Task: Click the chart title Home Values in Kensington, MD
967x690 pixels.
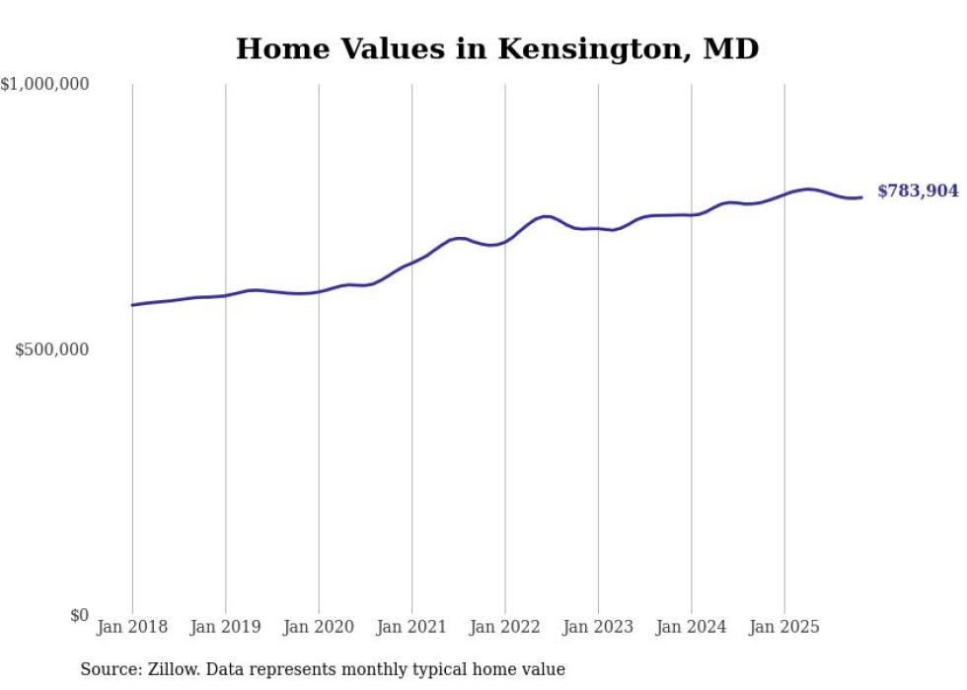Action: click(x=497, y=48)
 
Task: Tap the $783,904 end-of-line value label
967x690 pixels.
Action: click(x=918, y=192)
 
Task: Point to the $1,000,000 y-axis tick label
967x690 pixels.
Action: click(x=45, y=85)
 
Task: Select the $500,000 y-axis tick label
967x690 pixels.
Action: click(x=52, y=349)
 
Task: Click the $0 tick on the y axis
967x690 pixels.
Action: click(x=79, y=615)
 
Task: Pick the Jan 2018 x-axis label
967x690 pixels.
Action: click(x=132, y=627)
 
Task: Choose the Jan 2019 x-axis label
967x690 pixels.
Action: click(x=226, y=627)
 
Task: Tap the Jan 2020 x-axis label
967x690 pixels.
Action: click(x=319, y=627)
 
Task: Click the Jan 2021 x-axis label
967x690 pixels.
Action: click(x=412, y=627)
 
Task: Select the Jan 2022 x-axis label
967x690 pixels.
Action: click(x=505, y=627)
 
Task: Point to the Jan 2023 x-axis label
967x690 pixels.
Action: click(x=598, y=627)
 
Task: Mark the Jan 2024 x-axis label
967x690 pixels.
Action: click(x=692, y=627)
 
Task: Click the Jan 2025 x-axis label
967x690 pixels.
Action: click(x=784, y=627)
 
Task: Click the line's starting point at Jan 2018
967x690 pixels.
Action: click(x=132, y=305)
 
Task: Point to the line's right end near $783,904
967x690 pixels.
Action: click(x=861, y=197)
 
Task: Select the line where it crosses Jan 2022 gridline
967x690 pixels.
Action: click(x=505, y=240)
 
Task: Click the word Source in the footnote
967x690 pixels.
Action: click(x=108, y=669)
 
